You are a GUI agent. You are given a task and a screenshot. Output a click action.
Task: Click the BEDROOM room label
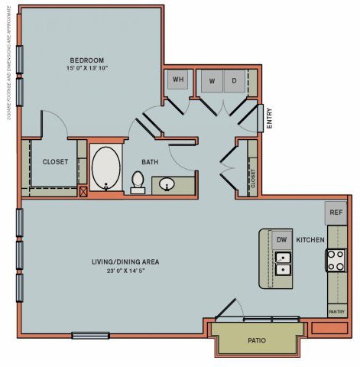(x=87, y=60)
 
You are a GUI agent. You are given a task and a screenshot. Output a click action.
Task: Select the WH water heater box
(x=178, y=80)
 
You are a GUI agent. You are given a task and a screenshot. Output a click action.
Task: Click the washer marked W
(x=212, y=80)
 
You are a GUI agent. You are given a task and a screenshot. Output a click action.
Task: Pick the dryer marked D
(x=234, y=80)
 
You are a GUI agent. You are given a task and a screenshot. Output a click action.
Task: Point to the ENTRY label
(x=268, y=118)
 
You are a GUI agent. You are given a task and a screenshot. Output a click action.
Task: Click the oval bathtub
(x=105, y=169)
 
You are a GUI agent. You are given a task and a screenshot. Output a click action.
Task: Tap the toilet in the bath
(x=138, y=182)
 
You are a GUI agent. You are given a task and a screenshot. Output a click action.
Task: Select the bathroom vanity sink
(x=167, y=184)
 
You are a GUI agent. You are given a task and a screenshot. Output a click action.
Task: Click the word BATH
(x=149, y=162)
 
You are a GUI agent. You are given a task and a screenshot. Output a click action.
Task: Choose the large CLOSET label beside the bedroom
(x=55, y=162)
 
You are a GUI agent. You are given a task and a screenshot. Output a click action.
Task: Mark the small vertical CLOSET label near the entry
(x=252, y=178)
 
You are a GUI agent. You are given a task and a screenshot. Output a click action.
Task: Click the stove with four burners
(x=336, y=261)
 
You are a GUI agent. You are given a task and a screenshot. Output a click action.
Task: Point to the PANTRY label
(x=336, y=312)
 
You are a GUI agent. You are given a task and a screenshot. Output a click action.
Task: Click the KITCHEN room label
(x=310, y=240)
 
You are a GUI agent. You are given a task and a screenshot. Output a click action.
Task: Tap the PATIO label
(x=256, y=340)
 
